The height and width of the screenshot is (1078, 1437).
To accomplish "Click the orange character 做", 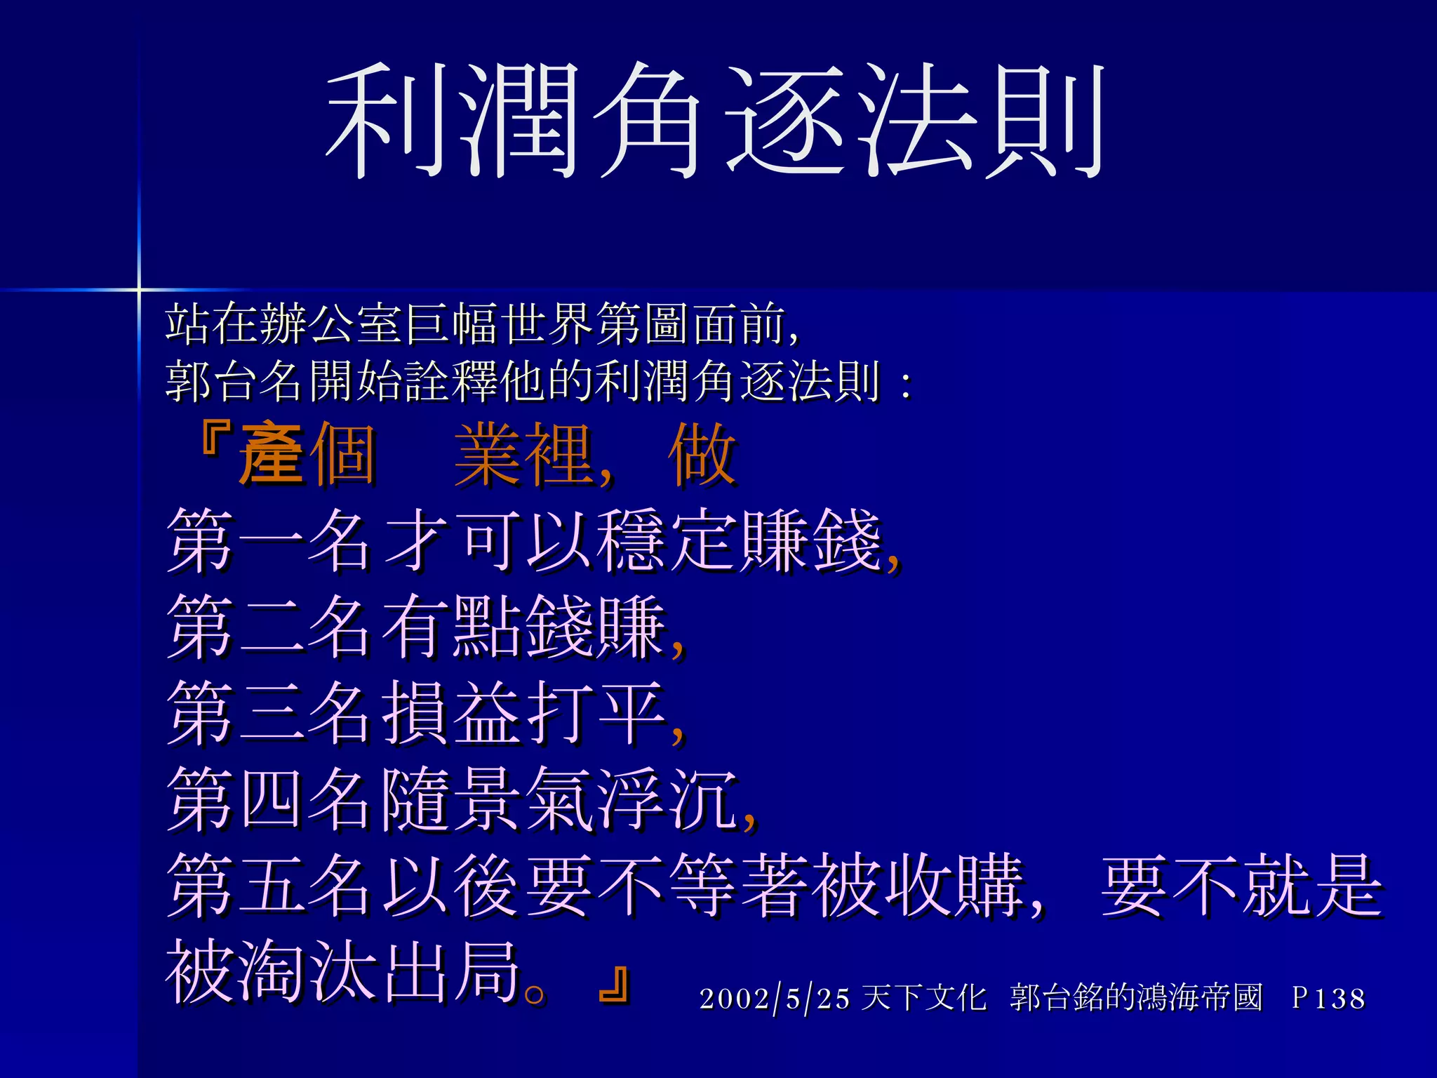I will [702, 454].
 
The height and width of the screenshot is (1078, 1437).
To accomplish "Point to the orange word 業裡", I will [523, 454].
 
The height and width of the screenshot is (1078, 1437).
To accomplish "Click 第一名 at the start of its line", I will [269, 540].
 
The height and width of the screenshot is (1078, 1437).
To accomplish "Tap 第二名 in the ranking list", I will [269, 627].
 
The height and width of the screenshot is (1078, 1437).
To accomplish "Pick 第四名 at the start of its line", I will [269, 799].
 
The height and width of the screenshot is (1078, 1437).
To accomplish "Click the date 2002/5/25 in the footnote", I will [775, 998].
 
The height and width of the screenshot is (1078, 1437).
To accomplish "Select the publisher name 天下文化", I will [923, 998].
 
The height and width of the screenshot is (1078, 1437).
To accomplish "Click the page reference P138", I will [1329, 998].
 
